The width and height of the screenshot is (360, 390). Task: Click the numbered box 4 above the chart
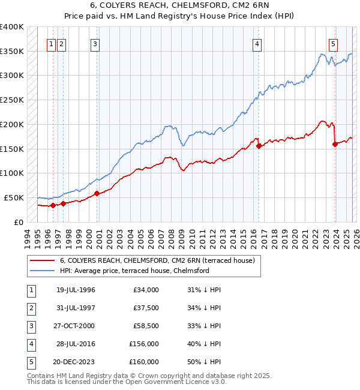click(x=257, y=43)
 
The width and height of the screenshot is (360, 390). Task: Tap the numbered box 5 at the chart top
click(x=333, y=43)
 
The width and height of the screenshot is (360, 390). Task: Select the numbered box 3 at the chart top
click(x=95, y=43)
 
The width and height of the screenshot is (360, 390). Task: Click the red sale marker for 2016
click(x=259, y=145)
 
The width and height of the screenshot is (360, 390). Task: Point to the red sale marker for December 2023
click(x=335, y=143)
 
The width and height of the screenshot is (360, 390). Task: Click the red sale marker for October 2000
click(x=97, y=193)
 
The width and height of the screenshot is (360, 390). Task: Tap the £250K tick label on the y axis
click(x=11, y=100)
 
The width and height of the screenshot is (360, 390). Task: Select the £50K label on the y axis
click(x=14, y=197)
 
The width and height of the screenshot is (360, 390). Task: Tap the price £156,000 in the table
click(x=144, y=344)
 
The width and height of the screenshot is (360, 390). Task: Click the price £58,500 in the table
click(x=146, y=326)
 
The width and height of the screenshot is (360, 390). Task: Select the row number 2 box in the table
click(x=30, y=308)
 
